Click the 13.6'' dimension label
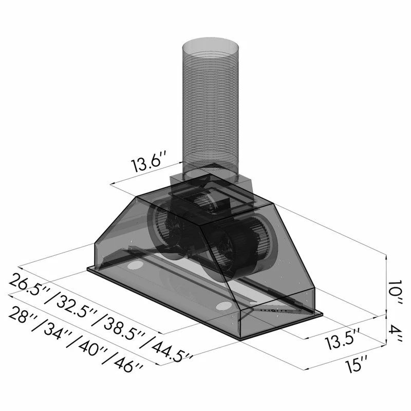coord(149,162)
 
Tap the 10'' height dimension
coord(395,293)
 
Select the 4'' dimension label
coord(395,333)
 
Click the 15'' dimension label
coord(357,364)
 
